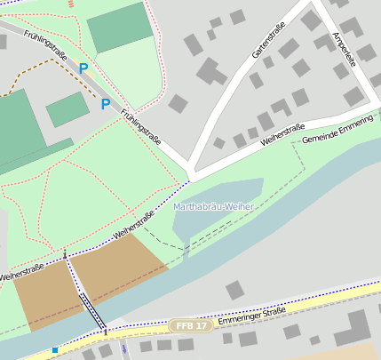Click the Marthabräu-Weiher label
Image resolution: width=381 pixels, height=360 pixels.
214,207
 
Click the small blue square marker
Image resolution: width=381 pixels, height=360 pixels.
55,350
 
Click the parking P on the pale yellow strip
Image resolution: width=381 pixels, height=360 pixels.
83,68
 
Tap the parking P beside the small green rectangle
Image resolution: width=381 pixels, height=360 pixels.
105,104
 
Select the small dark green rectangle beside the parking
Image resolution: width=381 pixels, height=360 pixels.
67,109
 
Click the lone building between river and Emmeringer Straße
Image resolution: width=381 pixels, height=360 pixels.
234,290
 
